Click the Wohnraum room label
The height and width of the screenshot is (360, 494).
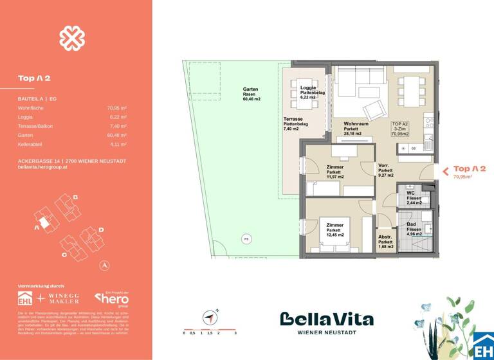point(354,129)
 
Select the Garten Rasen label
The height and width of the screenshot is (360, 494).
point(252,94)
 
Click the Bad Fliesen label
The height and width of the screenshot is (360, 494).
point(414,229)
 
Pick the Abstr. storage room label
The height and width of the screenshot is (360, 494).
point(387,241)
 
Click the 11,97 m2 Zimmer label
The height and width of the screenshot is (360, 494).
point(335,172)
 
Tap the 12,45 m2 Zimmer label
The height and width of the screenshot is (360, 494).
point(335,230)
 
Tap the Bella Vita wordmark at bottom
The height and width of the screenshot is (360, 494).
point(326,319)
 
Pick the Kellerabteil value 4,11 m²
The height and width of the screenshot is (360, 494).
point(116,145)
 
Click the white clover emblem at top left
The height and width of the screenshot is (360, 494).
point(72,38)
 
